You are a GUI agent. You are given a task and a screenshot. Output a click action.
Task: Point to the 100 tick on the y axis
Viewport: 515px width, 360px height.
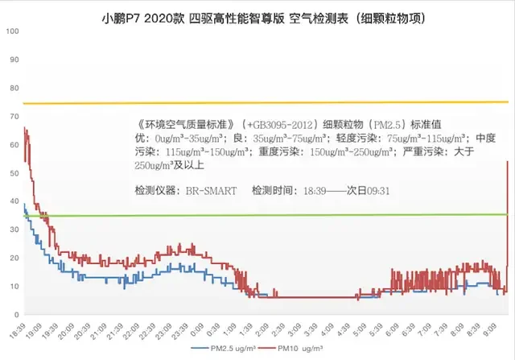pos(11,31)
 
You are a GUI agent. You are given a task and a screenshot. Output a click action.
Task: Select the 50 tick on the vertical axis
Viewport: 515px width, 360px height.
pos(11,173)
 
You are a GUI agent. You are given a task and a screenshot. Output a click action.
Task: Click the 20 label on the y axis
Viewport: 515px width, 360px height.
pos(11,258)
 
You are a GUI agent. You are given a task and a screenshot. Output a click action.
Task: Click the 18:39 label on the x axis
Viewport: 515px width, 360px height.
pos(17,333)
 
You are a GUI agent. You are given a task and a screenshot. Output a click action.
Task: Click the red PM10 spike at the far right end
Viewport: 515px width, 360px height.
pos(508,163)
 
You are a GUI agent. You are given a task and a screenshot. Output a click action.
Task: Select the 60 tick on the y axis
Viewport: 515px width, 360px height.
pos(11,145)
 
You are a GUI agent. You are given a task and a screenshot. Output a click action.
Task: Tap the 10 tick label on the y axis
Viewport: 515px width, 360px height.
pos(11,286)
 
